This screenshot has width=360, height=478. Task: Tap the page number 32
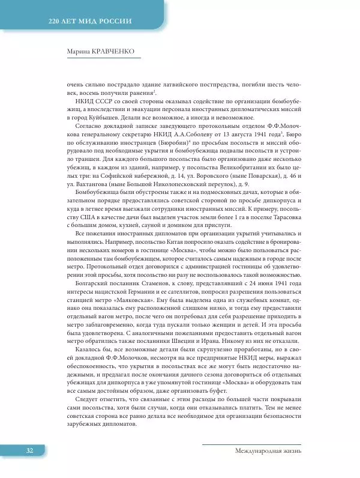(28, 452)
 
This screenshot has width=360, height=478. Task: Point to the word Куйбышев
(103, 118)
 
